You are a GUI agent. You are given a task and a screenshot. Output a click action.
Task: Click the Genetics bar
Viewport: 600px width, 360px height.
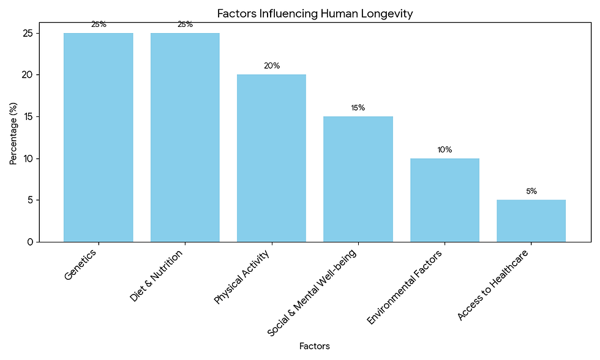coord(98,137)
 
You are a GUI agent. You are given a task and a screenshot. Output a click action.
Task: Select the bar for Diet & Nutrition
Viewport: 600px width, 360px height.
coord(185,137)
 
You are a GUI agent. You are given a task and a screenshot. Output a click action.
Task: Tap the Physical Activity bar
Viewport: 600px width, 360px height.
coord(271,158)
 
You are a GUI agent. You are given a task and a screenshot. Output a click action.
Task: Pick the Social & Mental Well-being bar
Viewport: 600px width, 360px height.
coord(358,179)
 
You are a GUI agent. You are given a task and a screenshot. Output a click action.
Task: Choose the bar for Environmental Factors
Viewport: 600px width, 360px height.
coord(444,200)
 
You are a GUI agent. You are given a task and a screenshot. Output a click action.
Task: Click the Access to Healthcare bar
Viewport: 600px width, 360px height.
coord(531,220)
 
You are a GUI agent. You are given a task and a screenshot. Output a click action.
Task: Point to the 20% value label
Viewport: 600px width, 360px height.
coord(272,66)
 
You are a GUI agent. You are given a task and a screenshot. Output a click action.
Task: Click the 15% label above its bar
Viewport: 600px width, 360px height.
coord(358,108)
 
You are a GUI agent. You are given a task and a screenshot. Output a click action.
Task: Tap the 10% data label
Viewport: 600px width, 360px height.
coord(445,149)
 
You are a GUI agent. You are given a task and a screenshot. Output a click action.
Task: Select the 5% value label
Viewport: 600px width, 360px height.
coord(531,191)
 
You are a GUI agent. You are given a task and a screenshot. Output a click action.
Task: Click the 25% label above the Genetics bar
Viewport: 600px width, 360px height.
coord(99,24)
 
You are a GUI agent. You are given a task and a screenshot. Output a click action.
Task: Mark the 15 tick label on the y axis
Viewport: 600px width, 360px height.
coord(27,116)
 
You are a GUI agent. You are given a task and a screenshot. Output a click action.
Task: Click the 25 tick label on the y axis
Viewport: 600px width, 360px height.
coord(26,33)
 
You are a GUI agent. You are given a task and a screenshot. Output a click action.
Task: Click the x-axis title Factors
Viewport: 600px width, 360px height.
coord(315,346)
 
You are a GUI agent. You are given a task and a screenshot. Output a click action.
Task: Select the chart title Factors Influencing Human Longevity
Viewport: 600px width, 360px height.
coord(315,13)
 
